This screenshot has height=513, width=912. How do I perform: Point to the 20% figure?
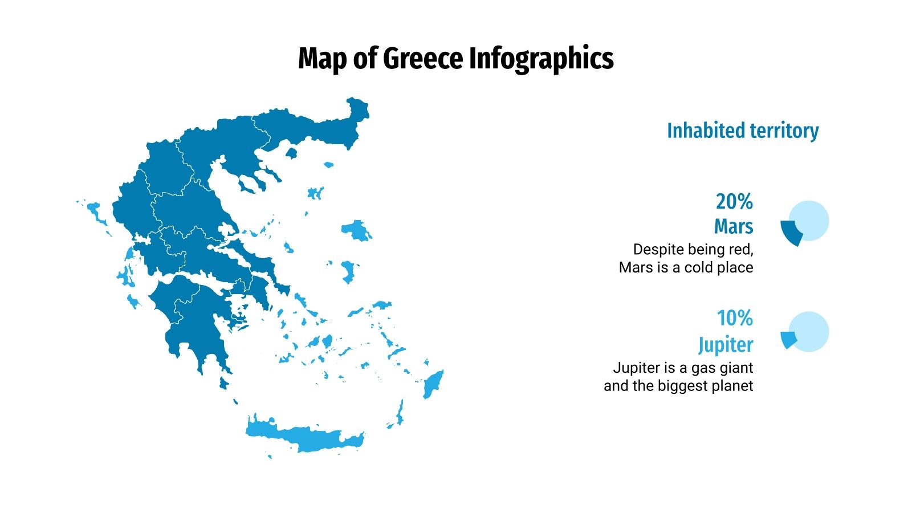[x=734, y=202]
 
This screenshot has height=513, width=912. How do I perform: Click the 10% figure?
[x=735, y=318]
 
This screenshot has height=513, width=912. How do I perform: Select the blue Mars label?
[x=734, y=226]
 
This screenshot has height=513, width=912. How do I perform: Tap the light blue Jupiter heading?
[x=726, y=344]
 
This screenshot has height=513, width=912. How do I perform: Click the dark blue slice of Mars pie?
[x=790, y=231]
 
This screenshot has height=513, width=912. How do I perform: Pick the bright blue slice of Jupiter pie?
[x=788, y=340]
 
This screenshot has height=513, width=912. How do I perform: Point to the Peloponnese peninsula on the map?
[x=194, y=319]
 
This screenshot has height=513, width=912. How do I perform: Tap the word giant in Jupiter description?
[x=736, y=368]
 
